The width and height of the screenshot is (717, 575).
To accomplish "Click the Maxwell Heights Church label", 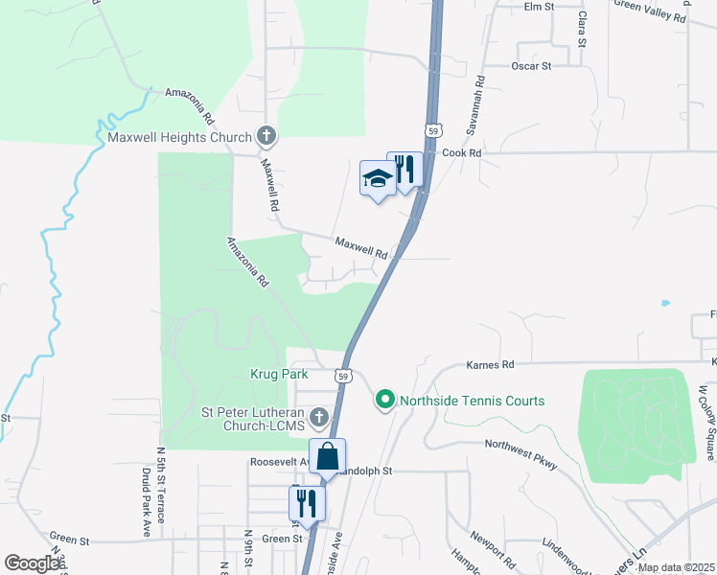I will [178, 137].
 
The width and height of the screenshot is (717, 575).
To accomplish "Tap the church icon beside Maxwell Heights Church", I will [266, 137].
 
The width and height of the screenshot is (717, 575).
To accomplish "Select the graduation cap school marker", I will [378, 178].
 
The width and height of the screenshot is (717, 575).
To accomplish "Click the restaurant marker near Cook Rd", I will [405, 170].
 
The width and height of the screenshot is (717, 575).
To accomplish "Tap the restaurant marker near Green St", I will [308, 503].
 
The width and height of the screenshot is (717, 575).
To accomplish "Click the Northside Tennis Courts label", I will [471, 401].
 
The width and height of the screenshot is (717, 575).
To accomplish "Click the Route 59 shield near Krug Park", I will [343, 377].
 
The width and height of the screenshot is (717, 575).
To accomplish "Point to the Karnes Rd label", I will [490, 365].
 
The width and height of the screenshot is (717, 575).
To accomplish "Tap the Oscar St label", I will [532, 66].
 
